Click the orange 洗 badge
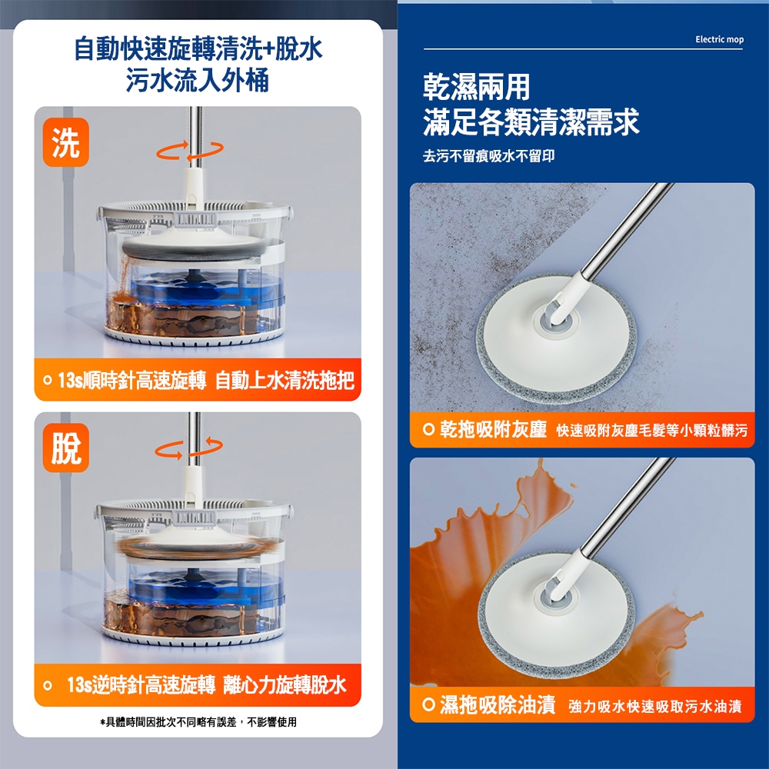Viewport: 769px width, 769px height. coord(65,142)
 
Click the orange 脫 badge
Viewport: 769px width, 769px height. coord(65,448)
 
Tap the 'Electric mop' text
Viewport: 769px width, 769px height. coord(720,39)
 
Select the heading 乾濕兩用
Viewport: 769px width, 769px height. coord(476,87)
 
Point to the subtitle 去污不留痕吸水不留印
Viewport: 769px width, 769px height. coord(488,156)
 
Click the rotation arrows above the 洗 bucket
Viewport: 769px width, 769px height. coord(190,150)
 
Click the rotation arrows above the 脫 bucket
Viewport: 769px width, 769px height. coord(189,448)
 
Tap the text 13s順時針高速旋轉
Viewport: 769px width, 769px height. coord(132,380)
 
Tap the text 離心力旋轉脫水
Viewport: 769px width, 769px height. coord(285,684)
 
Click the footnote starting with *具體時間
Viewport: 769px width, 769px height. coord(198,722)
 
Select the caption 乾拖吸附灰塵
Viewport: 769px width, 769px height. coord(493,430)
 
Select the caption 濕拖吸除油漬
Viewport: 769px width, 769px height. coord(498,704)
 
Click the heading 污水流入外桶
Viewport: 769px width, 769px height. coord(198,80)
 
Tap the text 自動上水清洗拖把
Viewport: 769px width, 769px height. coord(285,380)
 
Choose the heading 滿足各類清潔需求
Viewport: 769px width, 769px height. coord(531,122)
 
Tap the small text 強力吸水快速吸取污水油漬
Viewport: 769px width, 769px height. coord(654,706)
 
